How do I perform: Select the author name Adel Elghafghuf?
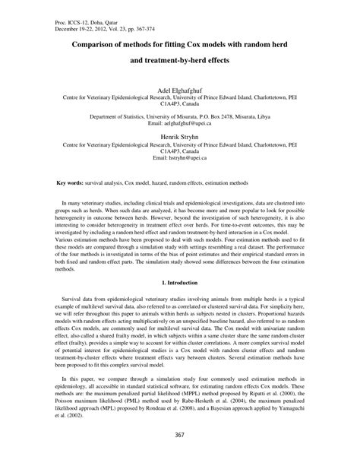pyautogui.click(x=180, y=88)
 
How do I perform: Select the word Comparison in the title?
pyautogui.click(x=84, y=45)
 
